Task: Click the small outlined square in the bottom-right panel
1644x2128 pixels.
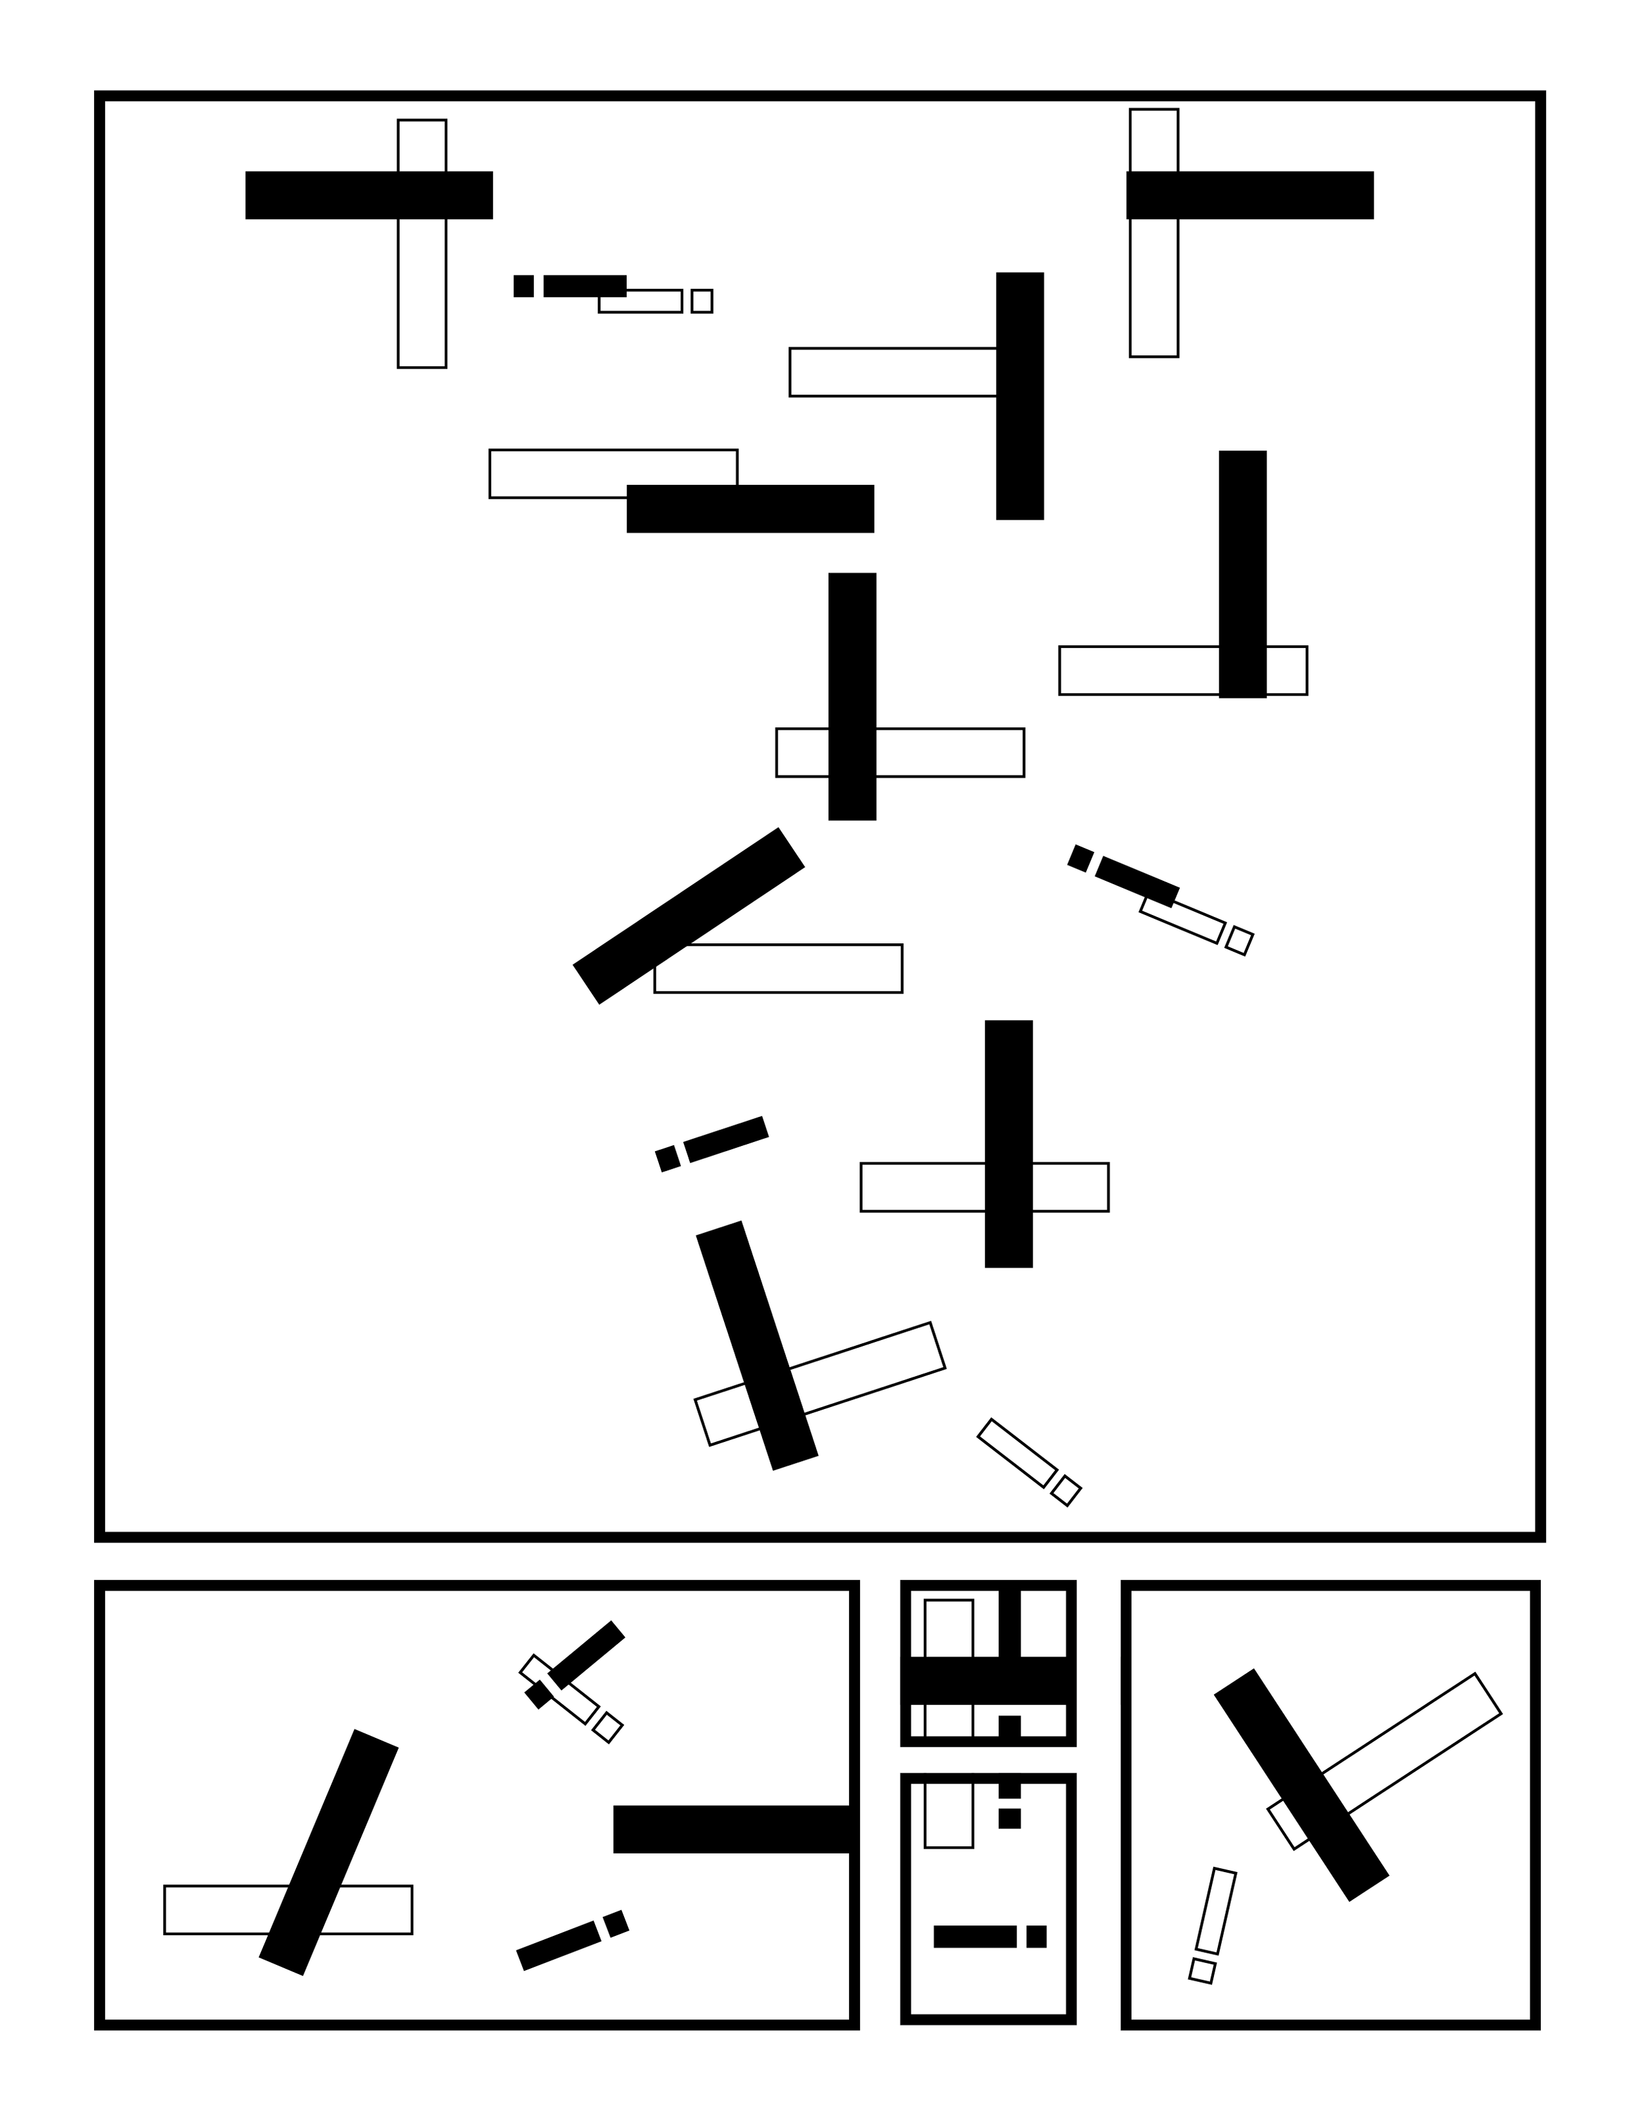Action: point(1202,1970)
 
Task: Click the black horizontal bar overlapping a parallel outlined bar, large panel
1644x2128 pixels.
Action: point(750,508)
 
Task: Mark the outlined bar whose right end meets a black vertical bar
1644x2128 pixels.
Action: point(892,372)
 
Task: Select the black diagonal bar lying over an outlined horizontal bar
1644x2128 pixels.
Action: point(688,916)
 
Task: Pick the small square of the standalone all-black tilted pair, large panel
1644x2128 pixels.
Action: point(667,1158)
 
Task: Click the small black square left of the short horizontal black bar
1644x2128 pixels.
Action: point(523,285)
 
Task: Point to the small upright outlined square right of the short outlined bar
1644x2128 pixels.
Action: point(701,301)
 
